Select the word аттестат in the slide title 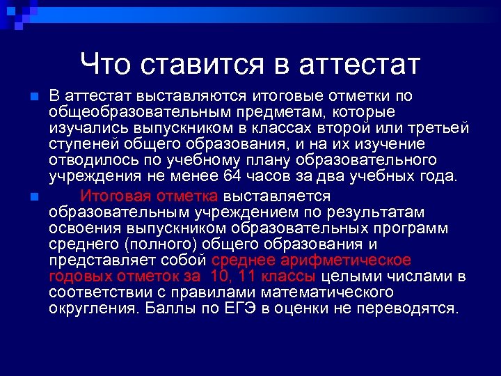(359, 64)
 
